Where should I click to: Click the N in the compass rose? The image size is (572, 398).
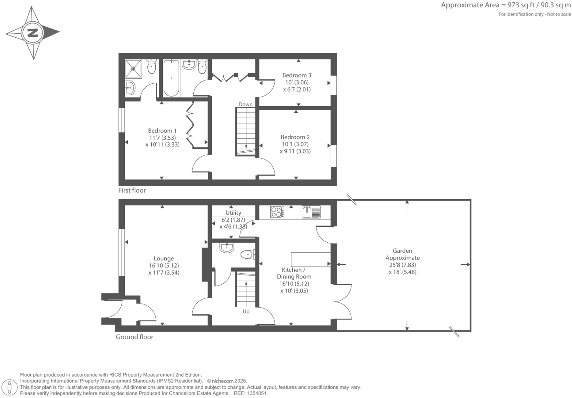pos(33,32)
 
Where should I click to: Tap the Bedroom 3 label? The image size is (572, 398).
pos(296,75)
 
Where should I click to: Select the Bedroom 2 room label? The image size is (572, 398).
pos(295,137)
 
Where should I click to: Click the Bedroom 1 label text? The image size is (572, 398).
pos(162,131)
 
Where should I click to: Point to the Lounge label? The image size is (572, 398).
pos(164,259)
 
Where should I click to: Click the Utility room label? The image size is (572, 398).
pos(233,213)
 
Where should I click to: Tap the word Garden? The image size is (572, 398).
pos(402,251)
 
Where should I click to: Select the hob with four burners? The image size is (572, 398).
pos(277,212)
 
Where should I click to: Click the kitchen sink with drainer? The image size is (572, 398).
pos(311,212)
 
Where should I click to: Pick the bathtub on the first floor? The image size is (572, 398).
pos(171,78)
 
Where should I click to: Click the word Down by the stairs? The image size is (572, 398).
pos(245,104)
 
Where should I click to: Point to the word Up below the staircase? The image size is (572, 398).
pos(246,312)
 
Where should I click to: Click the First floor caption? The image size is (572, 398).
pos(132,190)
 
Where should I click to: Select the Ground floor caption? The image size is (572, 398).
pos(134,337)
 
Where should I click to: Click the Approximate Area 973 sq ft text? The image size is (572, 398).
pos(506,5)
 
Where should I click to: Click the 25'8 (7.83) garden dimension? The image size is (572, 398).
pos(402,265)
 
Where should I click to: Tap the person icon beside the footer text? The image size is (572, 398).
pos(10,387)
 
